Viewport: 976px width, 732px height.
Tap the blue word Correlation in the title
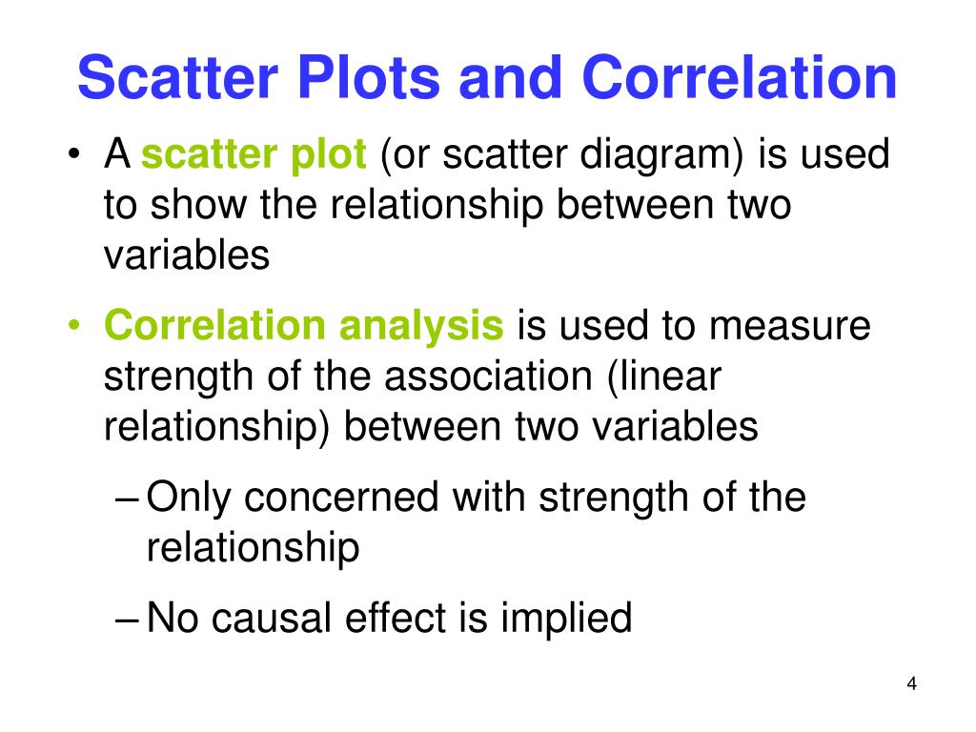[x=740, y=79]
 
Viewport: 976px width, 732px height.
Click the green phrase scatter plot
[x=254, y=154]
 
